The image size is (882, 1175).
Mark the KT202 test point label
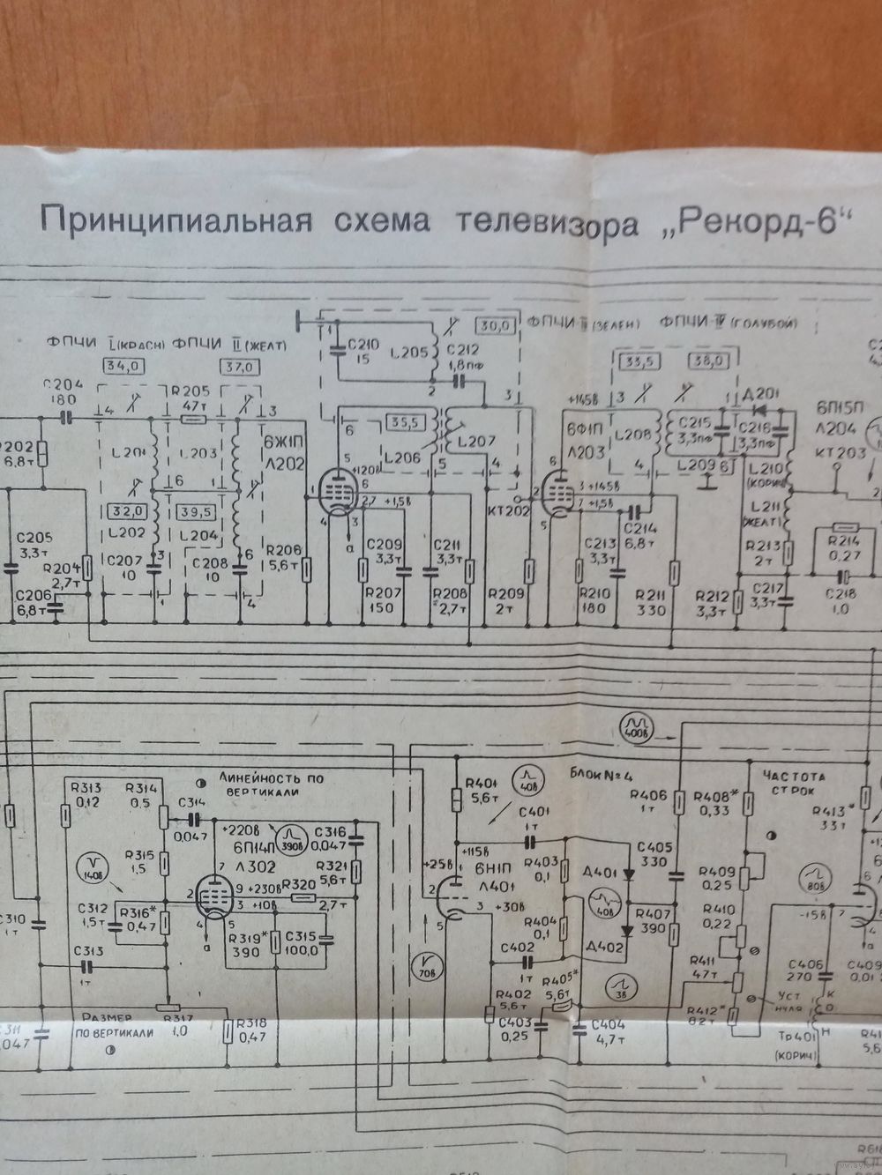(x=506, y=508)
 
